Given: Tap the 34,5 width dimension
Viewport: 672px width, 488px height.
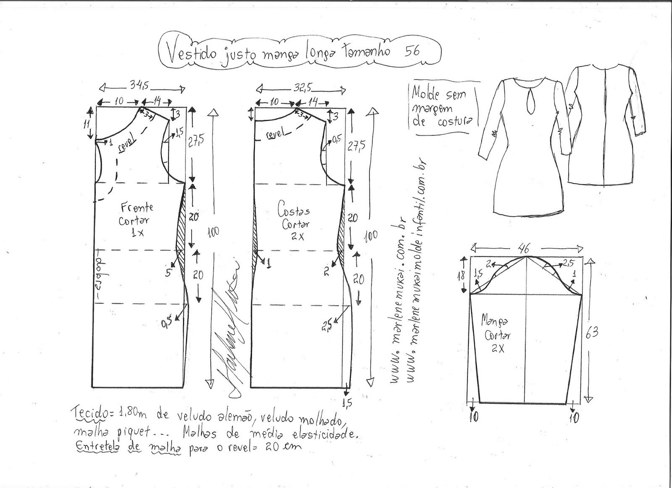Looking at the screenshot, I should [139, 86].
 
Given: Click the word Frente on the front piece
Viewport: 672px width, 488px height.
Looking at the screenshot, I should [137, 207].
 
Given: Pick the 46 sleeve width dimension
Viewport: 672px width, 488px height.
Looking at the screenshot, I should [523, 249].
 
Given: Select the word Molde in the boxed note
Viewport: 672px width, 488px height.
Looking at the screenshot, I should [425, 91].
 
